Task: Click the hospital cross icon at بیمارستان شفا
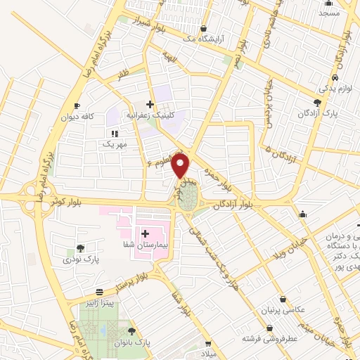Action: click(x=145, y=233)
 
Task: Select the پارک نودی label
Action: click(x=79, y=259)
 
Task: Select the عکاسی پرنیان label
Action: click(x=282, y=311)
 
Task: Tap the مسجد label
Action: click(x=328, y=13)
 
